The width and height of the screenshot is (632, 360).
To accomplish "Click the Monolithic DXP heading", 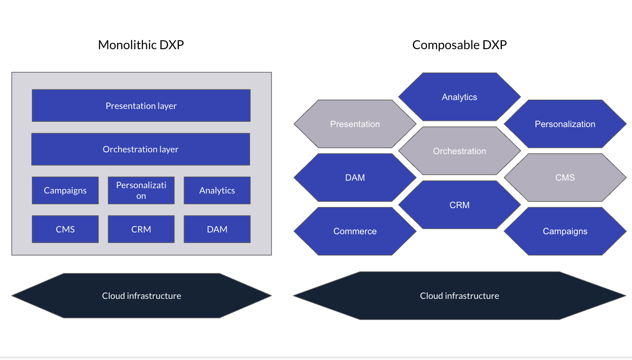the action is (141, 45).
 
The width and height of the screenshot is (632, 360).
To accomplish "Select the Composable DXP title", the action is (459, 45).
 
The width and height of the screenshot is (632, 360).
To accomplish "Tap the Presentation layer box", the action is (141, 105).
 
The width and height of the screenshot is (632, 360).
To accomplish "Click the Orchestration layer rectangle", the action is (141, 149).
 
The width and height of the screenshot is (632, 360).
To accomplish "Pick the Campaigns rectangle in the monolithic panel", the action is (65, 190).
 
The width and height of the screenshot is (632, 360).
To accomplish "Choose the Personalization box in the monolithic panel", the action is (141, 190).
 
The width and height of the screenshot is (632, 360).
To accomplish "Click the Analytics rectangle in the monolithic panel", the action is (217, 190).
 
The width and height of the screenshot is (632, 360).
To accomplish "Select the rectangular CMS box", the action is (65, 229).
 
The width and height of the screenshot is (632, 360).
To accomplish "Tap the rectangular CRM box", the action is (141, 229).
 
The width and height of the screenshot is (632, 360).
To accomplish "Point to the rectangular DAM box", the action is (217, 229).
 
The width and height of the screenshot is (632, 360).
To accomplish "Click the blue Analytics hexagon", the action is (459, 97).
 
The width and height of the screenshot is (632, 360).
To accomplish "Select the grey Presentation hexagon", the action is (355, 124).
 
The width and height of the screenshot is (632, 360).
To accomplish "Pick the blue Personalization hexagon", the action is (565, 124).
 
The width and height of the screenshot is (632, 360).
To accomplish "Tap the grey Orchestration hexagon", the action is (459, 151).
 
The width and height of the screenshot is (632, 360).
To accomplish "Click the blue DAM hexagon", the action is (355, 178).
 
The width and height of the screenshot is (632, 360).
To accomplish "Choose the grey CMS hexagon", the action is (565, 178).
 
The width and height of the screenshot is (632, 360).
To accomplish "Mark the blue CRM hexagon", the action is (459, 205).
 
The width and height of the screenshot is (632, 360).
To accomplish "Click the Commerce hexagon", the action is (355, 231).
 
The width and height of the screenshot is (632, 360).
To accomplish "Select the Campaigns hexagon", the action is (565, 231).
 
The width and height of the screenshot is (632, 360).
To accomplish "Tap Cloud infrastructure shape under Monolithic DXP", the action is (141, 296).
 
